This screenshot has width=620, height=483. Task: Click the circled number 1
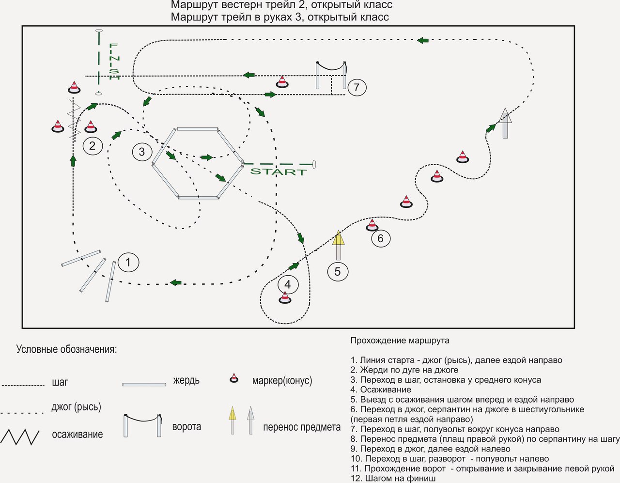[x=128, y=262]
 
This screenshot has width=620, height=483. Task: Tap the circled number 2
[x=93, y=145]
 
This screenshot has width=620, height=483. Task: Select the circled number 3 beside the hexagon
[x=141, y=152]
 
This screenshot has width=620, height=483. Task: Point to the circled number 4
[x=288, y=284]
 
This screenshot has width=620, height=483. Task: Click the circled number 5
[x=338, y=271]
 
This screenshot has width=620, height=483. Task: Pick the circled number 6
[x=380, y=238]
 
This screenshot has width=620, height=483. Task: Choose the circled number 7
[x=356, y=87]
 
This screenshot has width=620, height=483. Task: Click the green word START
[x=279, y=171]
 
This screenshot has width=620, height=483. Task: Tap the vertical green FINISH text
[x=114, y=61]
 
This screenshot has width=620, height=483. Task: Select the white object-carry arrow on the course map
[x=505, y=123]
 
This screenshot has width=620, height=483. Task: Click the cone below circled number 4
[x=285, y=298]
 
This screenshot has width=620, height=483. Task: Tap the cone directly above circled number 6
[x=372, y=225]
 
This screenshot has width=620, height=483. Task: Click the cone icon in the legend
[x=234, y=378]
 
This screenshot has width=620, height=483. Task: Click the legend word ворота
[x=186, y=427]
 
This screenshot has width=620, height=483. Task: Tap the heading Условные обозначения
[x=66, y=349]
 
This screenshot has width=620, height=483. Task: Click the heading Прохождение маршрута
[x=400, y=341]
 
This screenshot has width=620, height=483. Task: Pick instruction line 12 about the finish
[x=393, y=478]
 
